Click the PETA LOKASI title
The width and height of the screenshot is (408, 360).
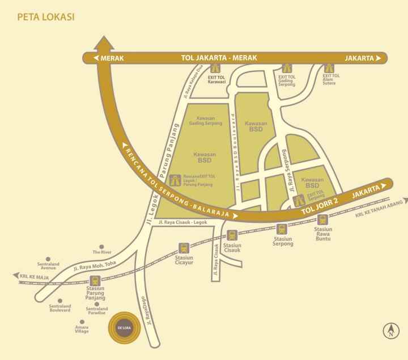pos(46,17)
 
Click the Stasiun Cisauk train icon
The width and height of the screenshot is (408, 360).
pos(232,235)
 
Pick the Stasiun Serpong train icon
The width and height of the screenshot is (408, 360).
pos(282,228)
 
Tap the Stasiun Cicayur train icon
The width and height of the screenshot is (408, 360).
pos(184,248)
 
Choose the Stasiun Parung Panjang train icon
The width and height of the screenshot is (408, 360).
pos(95,280)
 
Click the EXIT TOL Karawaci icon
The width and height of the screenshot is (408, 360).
pos(214,68)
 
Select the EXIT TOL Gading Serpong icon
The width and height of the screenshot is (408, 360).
pos(287,68)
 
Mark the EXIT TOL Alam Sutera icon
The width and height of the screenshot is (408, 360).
pos(327,68)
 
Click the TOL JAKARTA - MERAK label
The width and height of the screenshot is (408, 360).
pos(219,58)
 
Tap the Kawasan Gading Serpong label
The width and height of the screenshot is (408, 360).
pos(205,120)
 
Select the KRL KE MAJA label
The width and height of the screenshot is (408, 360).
pos(32,277)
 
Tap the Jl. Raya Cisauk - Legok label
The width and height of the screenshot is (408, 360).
pos(184,222)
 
